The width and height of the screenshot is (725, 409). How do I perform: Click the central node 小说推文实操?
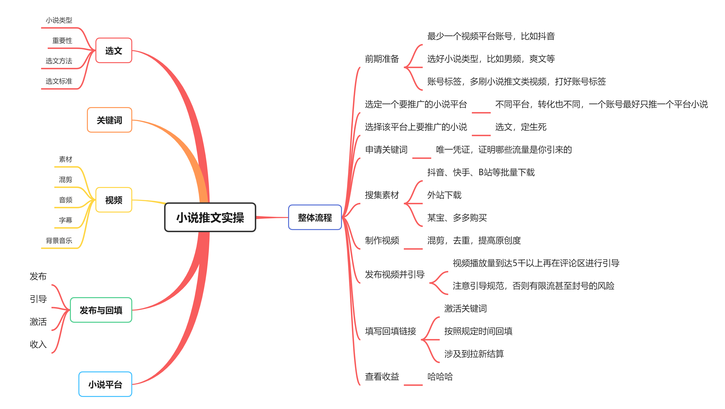(210, 217)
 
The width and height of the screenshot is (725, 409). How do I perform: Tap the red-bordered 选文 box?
(114, 50)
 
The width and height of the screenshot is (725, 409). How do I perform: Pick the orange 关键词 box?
(110, 120)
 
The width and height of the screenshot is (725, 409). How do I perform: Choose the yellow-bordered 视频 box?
(114, 200)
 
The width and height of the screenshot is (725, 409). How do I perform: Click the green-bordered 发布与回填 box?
(101, 310)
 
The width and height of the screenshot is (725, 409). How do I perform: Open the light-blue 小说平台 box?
(105, 384)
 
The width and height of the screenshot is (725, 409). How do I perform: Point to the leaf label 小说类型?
(59, 20)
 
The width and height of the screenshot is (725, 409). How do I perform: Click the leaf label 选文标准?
(59, 81)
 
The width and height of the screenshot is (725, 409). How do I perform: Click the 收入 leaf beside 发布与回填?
(38, 344)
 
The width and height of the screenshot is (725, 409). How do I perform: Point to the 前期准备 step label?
(382, 59)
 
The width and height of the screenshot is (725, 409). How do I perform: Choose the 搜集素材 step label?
(382, 195)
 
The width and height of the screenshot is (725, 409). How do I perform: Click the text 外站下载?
(444, 195)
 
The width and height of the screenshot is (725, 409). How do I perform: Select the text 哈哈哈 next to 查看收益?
(440, 377)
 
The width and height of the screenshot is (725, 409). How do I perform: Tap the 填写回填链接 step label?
(390, 331)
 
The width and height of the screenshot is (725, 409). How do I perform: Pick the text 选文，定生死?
(521, 127)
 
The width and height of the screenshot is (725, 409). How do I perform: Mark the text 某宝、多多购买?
(457, 218)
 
